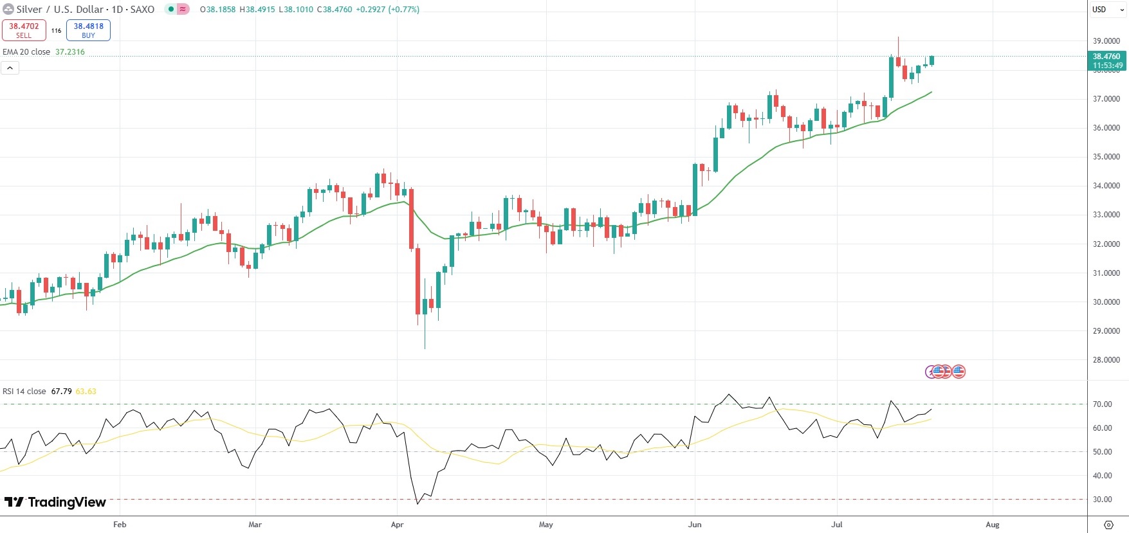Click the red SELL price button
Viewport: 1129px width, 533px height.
click(x=24, y=30)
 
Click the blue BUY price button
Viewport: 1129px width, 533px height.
click(x=88, y=30)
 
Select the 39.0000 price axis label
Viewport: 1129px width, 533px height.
click(x=1106, y=41)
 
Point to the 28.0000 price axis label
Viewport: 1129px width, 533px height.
click(x=1106, y=360)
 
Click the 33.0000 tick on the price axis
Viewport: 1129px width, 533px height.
click(x=1106, y=215)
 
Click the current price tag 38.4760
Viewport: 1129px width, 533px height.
click(x=1106, y=57)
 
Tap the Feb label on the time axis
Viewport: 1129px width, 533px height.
click(x=120, y=525)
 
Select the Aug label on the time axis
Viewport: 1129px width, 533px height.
click(x=993, y=525)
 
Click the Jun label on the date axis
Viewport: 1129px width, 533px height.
click(x=695, y=525)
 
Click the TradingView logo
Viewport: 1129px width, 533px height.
click(x=55, y=502)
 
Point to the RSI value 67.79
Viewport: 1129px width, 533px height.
click(x=61, y=392)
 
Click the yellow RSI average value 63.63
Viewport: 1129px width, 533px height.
click(x=86, y=392)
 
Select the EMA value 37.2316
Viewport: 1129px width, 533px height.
click(x=70, y=52)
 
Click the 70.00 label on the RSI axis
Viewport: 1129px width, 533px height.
click(x=1102, y=404)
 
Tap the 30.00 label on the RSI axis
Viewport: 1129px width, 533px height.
click(x=1102, y=500)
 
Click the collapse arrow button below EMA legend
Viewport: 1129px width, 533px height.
click(x=10, y=68)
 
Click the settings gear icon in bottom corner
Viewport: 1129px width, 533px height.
click(x=1108, y=525)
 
